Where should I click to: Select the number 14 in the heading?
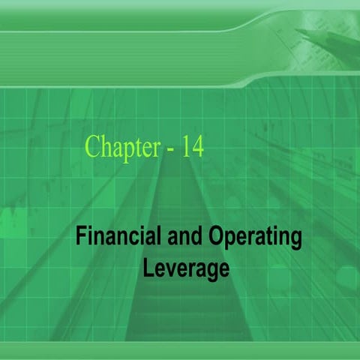click(x=192, y=145)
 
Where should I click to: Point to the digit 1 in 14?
click(x=185, y=145)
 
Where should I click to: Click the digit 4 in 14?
click(x=197, y=145)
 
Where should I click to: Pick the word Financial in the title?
click(x=112, y=238)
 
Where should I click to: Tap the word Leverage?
click(x=185, y=268)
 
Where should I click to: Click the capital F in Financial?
click(x=80, y=238)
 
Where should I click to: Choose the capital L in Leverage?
click(x=148, y=266)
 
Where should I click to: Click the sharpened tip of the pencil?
click(x=298, y=31)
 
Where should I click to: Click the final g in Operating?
click(x=295, y=241)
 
